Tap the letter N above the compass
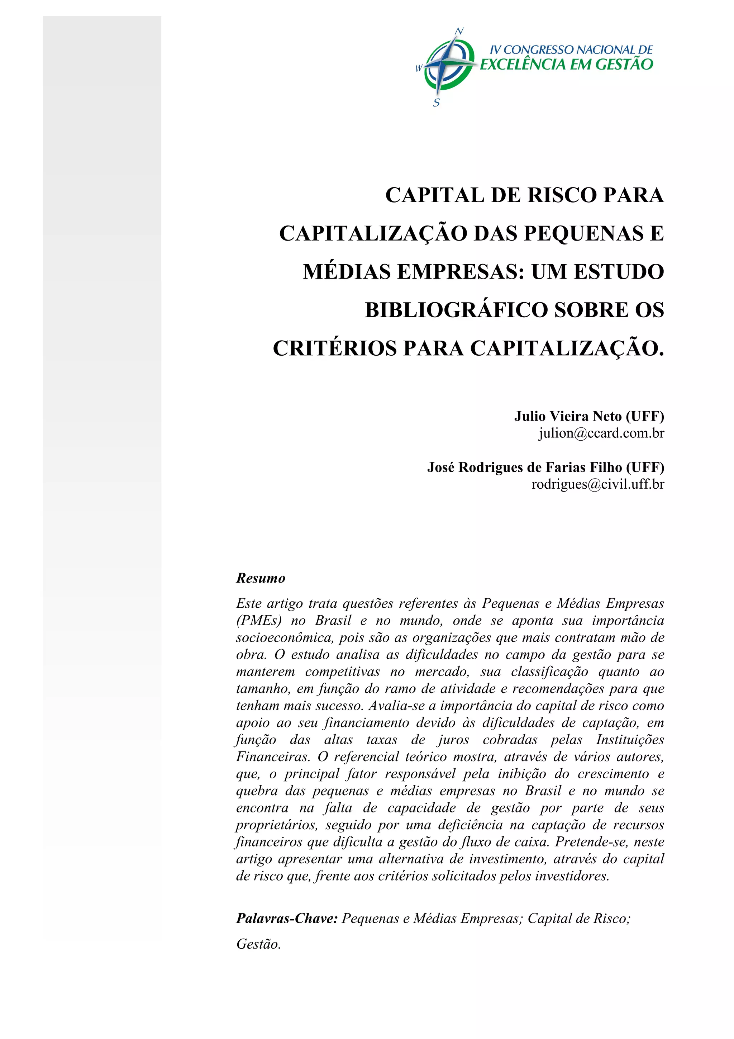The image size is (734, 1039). pos(459,31)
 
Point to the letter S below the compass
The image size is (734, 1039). pos(437,103)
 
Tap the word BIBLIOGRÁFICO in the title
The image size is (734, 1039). pos(456,310)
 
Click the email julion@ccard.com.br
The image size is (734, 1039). pos(601,433)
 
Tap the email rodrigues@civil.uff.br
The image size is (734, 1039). pos(597,484)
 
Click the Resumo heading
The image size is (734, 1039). pos(261,578)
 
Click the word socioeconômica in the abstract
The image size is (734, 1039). pos(285,637)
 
